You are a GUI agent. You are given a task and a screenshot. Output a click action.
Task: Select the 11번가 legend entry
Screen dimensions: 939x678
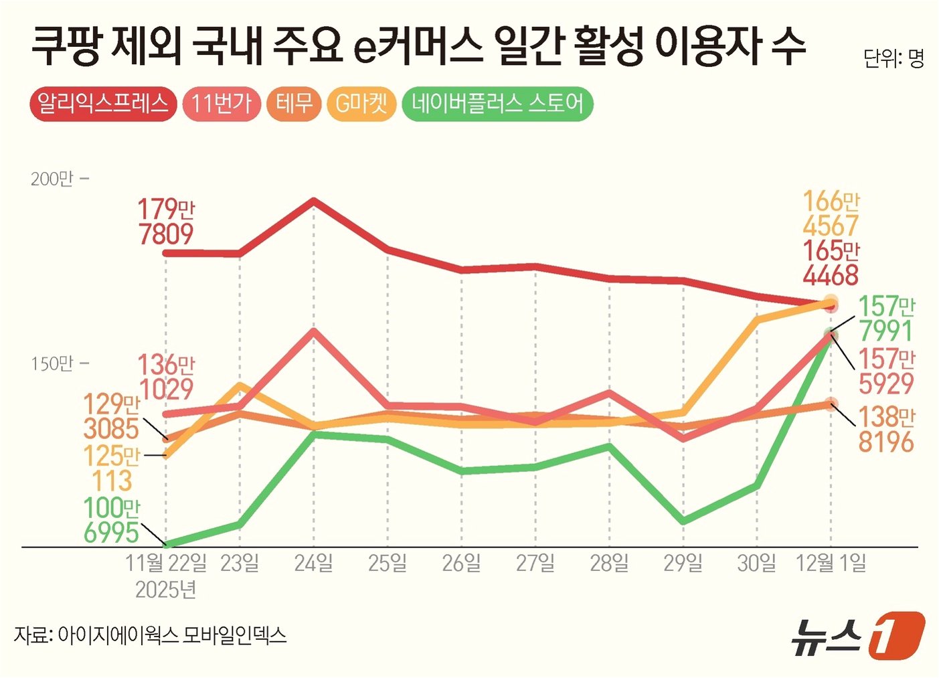click(222, 104)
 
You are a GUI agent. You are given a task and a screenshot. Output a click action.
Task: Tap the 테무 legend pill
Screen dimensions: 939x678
click(294, 104)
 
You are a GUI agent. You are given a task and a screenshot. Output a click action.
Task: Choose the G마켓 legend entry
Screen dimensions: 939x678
click(361, 104)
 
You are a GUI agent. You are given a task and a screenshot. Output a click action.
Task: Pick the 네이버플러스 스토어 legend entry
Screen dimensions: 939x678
click(497, 104)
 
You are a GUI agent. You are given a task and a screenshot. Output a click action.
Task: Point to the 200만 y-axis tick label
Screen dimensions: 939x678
click(52, 179)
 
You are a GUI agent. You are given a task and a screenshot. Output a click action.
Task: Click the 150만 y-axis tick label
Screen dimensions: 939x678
click(52, 363)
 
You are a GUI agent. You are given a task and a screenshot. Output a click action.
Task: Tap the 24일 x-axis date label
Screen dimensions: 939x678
click(314, 563)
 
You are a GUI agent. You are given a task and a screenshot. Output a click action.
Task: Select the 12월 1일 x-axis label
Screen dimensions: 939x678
click(831, 563)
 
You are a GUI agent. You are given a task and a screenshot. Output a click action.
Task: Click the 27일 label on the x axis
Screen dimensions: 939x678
click(535, 563)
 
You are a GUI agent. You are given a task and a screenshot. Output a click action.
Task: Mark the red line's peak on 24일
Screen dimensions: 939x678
click(314, 200)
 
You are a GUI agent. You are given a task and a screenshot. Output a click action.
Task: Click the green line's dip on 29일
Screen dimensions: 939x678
click(683, 521)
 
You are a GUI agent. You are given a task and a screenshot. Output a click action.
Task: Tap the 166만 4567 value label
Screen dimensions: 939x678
click(831, 214)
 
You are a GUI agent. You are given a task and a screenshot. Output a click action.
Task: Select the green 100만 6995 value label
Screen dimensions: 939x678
click(112, 520)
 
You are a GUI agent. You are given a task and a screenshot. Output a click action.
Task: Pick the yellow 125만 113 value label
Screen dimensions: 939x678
click(112, 469)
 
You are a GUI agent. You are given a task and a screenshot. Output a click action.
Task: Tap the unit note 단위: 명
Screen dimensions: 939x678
click(893, 59)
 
